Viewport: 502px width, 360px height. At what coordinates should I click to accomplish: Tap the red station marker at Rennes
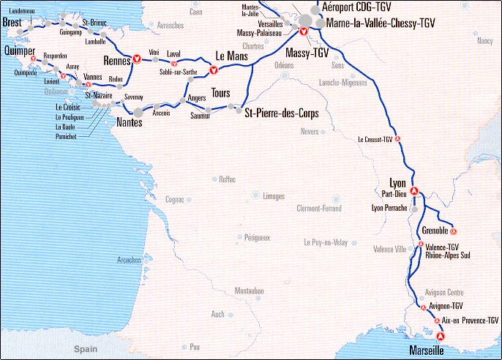[x=136, y=60]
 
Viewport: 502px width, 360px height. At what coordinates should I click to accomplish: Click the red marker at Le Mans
[x=213, y=71]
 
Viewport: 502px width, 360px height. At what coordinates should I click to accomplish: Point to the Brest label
[x=12, y=23]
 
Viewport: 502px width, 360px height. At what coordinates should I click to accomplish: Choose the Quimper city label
[x=19, y=50]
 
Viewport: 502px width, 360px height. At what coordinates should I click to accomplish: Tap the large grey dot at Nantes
[x=138, y=110]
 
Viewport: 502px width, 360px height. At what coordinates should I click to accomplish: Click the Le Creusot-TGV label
[x=375, y=139]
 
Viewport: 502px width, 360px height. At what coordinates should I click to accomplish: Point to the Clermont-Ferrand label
[x=319, y=209]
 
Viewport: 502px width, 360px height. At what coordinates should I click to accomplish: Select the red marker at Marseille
[x=440, y=336]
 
